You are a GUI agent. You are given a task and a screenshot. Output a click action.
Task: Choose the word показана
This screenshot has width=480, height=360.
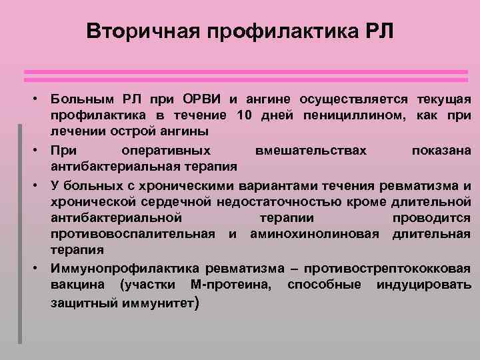click(x=441, y=150)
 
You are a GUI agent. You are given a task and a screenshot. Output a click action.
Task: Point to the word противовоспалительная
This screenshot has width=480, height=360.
click(x=133, y=234)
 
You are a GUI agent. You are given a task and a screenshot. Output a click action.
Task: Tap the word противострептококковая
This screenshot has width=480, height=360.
click(x=387, y=269)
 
